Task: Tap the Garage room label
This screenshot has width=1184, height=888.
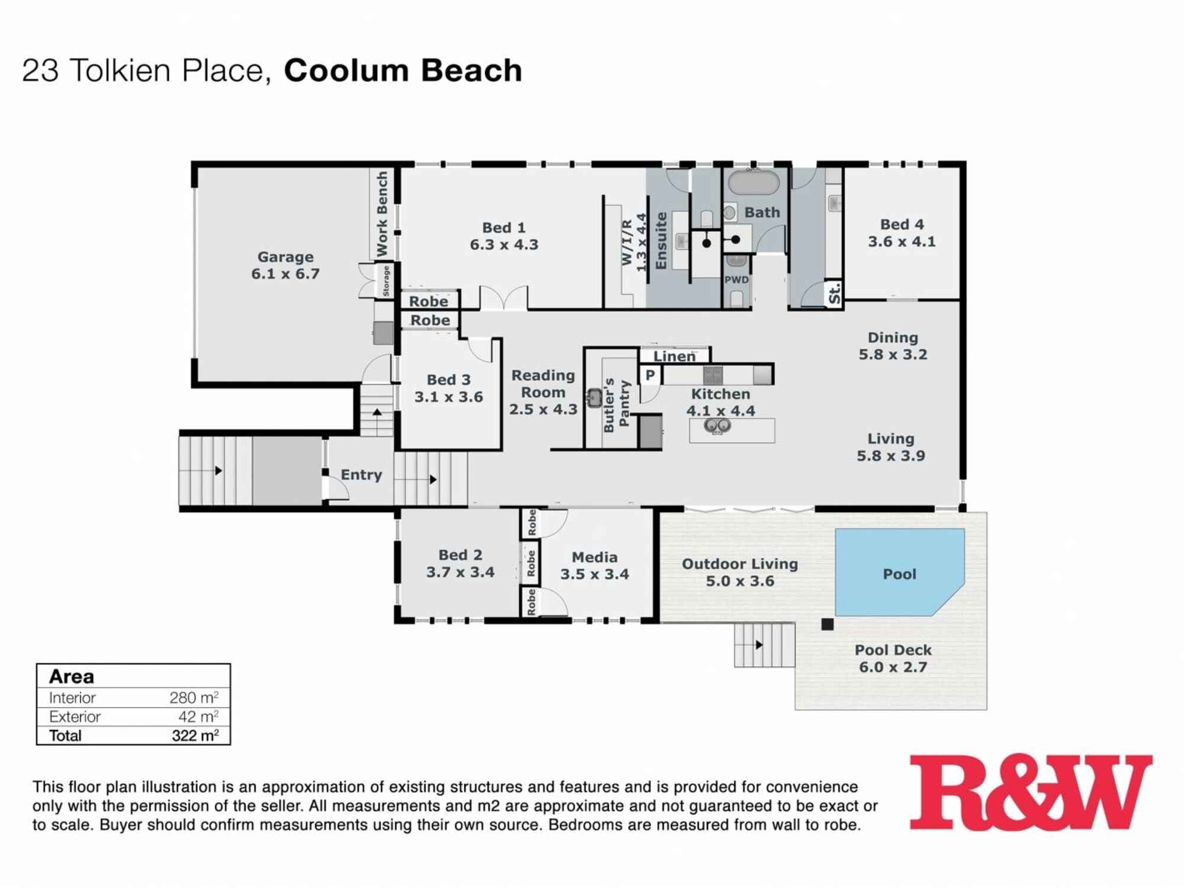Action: tap(285, 257)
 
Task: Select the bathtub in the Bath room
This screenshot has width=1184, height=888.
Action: tap(753, 182)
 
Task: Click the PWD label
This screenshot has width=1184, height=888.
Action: tap(736, 280)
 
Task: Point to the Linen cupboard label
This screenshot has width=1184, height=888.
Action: tap(674, 356)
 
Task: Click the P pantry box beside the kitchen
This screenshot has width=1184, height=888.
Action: tap(650, 375)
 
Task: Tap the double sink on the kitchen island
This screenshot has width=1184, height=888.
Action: tap(717, 426)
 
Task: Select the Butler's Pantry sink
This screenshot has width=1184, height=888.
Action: tap(594, 397)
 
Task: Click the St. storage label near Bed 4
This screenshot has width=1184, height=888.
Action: tap(834, 294)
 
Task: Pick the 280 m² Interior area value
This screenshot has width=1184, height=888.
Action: tap(194, 697)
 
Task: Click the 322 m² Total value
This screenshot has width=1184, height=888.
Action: tap(195, 735)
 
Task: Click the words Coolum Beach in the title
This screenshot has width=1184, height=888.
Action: tap(403, 70)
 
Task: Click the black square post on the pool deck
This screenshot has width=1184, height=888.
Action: tap(827, 624)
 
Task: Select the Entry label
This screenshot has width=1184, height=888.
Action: tap(361, 475)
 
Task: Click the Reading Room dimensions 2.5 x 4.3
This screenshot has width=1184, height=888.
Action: tap(543, 409)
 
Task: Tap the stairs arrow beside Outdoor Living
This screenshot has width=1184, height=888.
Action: tap(759, 645)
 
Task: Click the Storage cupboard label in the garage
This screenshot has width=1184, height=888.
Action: tap(386, 281)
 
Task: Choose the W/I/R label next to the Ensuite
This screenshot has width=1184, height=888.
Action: tap(627, 243)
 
